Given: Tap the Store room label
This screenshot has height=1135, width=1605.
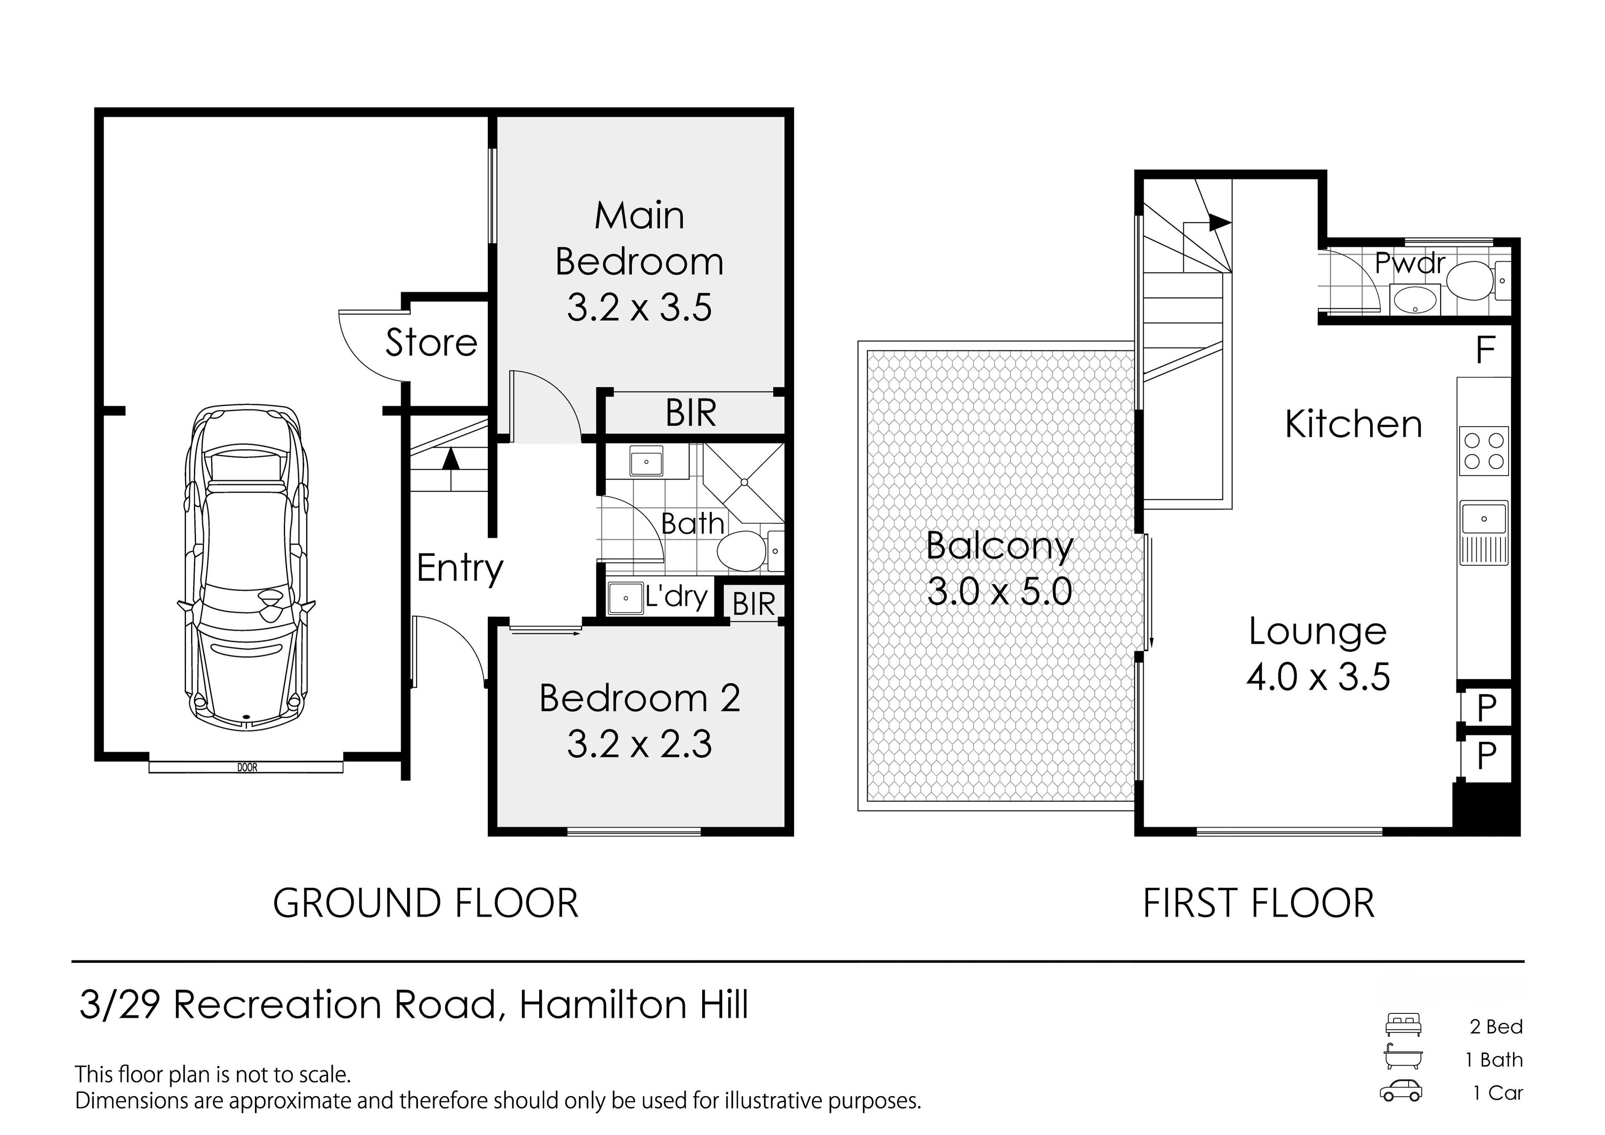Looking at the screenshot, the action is [x=431, y=343].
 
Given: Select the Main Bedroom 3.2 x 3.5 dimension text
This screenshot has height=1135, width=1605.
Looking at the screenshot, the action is [x=639, y=307].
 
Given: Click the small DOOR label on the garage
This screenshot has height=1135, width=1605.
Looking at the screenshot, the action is [x=247, y=767].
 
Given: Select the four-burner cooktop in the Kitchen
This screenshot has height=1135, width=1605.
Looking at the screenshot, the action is [x=1483, y=451].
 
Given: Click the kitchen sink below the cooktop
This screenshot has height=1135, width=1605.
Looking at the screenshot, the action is [x=1483, y=533].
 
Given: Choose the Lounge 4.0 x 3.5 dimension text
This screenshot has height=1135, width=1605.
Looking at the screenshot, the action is [x=1318, y=676].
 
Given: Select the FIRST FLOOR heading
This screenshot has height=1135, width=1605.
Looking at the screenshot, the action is [x=1259, y=903].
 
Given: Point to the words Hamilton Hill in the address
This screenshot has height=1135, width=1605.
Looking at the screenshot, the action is [x=634, y=1006].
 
